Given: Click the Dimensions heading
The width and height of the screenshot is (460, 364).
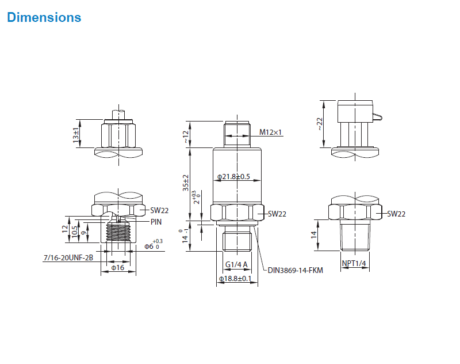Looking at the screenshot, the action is (44, 17).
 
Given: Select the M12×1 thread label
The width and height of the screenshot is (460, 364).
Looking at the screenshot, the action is (270, 132).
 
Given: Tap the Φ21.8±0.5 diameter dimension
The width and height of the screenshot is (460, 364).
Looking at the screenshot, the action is (233, 177).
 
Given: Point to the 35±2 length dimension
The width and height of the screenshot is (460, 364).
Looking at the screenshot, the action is (186, 183).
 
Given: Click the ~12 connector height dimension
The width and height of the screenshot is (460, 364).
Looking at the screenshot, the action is (186, 137).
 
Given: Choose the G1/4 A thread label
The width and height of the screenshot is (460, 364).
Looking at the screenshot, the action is (236, 264).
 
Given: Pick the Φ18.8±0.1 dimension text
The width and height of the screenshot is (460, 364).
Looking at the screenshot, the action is (235, 279).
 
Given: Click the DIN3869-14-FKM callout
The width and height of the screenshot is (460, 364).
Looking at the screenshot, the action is (296, 270).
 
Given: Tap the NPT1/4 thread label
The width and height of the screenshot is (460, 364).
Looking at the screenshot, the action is (354, 263).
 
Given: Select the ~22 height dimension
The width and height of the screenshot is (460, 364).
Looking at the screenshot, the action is (320, 124).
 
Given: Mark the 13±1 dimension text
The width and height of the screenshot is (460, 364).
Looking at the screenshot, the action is (76, 135).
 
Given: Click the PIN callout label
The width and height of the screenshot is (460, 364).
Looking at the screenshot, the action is (156, 222).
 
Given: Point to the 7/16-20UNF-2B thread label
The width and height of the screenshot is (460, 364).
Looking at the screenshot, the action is (68, 257).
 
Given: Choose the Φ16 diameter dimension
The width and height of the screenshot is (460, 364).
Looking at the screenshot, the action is (118, 268).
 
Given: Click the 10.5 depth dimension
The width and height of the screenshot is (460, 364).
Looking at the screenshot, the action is (75, 232).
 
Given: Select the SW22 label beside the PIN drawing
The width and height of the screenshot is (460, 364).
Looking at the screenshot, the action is (159, 210).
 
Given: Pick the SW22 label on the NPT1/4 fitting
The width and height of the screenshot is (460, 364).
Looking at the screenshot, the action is (396, 214).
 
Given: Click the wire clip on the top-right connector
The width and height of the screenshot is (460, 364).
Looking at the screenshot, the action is (378, 117).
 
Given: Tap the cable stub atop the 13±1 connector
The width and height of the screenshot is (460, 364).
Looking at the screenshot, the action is (118, 115).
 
